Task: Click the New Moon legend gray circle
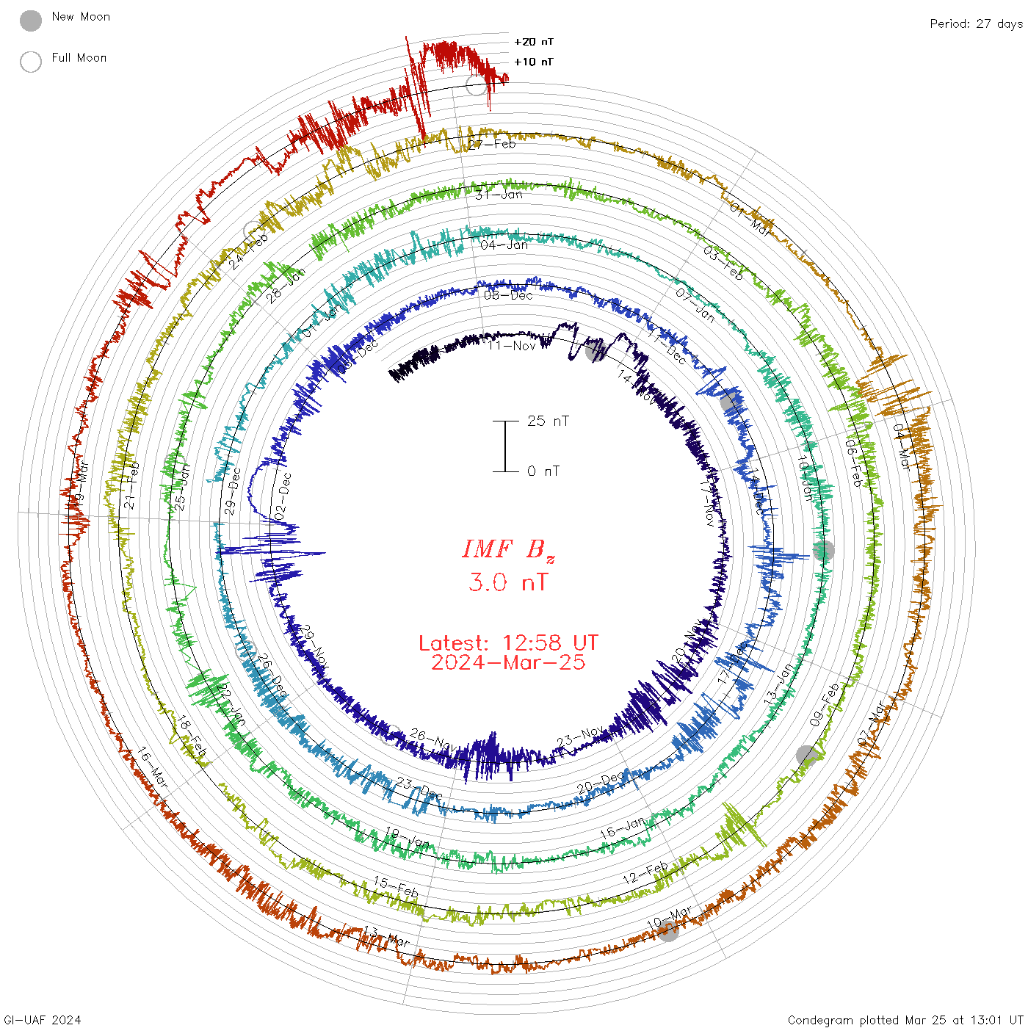(31, 21)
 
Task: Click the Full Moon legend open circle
(31, 62)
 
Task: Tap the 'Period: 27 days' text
(976, 23)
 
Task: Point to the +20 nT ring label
(534, 42)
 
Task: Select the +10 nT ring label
(534, 62)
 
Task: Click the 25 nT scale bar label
(548, 421)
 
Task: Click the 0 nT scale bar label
(543, 471)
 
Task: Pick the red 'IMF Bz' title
(508, 549)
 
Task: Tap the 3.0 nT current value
(508, 582)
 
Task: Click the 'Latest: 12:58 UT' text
(508, 643)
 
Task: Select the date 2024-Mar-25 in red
(508, 662)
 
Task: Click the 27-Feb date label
(493, 144)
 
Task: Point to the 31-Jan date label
(499, 195)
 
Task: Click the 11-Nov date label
(513, 345)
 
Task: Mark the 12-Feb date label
(645, 873)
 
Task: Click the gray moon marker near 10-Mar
(668, 931)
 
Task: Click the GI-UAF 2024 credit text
(42, 1020)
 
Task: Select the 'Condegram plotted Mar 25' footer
(905, 1020)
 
